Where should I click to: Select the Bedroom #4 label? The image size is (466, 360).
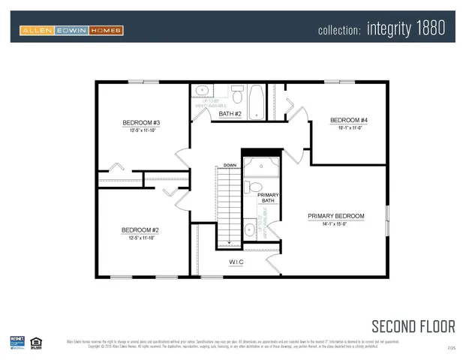(349, 120)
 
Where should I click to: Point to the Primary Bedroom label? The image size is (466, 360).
(335, 216)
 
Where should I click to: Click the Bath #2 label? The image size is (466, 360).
(230, 114)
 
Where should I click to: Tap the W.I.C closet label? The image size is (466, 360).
(236, 262)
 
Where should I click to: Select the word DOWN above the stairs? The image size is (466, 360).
(230, 164)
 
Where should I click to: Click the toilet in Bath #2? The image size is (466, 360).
(237, 95)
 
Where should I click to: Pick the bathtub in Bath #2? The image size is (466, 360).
(256, 101)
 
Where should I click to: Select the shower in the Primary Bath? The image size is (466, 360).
(260, 166)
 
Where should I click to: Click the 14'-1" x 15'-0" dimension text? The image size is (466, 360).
(335, 223)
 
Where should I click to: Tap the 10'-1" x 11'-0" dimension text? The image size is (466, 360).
(349, 127)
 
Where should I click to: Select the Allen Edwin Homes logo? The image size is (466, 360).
(71, 31)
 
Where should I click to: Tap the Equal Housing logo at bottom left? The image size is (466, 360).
(35, 343)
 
